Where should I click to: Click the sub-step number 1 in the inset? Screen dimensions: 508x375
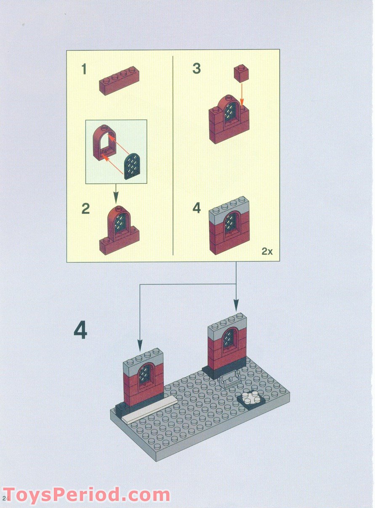click(x=84, y=69)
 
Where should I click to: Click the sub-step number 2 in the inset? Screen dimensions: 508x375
click(x=86, y=209)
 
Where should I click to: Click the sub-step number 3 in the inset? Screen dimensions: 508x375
click(x=197, y=69)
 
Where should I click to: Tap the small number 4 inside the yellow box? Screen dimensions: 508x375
click(x=197, y=208)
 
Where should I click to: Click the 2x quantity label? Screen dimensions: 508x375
click(x=267, y=251)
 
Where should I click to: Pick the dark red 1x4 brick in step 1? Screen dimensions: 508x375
click(x=119, y=80)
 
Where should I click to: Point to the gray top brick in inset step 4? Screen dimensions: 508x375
click(x=229, y=207)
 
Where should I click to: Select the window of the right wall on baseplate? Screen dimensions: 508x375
click(x=229, y=339)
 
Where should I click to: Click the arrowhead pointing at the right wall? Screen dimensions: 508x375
click(x=236, y=306)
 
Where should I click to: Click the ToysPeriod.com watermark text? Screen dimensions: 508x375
click(x=86, y=495)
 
